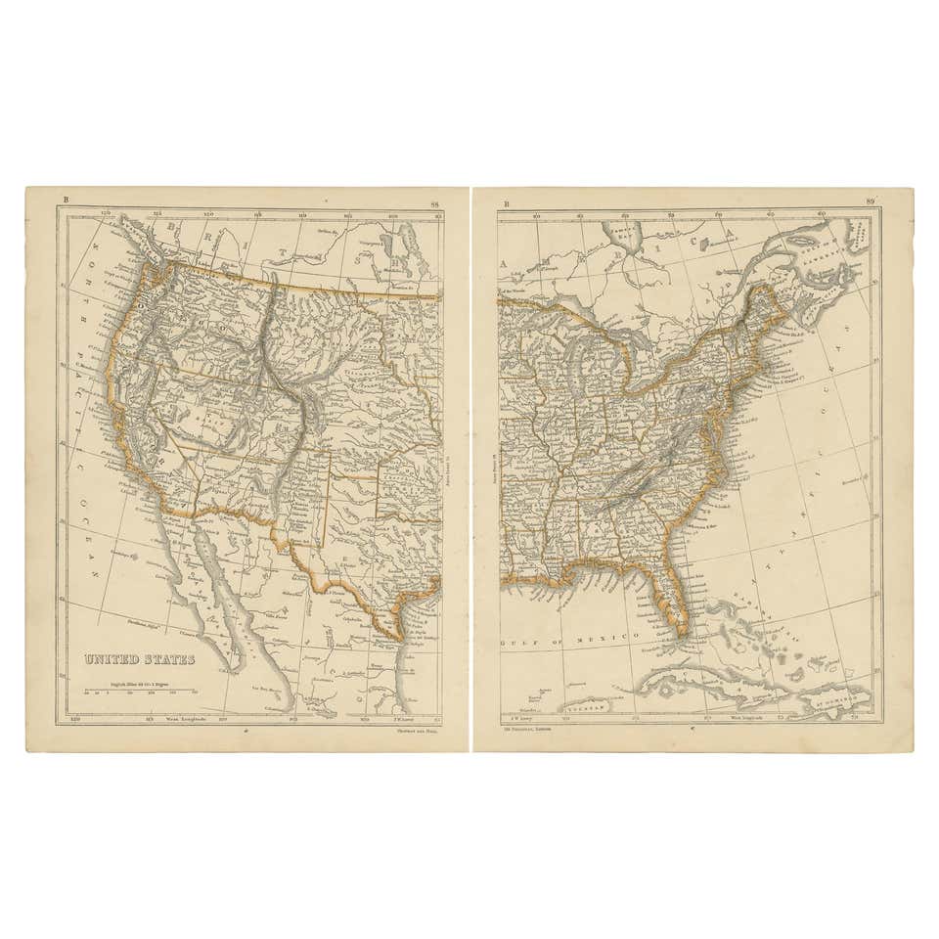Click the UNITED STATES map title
pos(139,660)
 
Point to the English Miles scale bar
pos(141,691)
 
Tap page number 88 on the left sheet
pos(435,203)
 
